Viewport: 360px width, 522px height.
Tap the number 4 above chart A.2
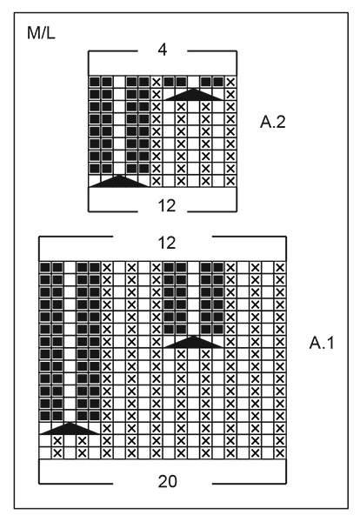tap(162, 50)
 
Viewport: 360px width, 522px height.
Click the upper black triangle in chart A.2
tap(193, 94)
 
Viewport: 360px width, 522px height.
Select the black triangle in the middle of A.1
tap(193, 341)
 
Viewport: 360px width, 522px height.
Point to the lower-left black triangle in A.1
tap(70, 428)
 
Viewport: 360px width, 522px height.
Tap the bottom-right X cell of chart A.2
tap(230, 181)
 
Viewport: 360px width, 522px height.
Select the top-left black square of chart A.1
tap(45, 267)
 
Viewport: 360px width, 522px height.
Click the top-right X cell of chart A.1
tap(279, 267)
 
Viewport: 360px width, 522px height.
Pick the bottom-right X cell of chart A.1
tap(279, 453)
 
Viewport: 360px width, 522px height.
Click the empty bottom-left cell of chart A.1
tap(45, 453)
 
